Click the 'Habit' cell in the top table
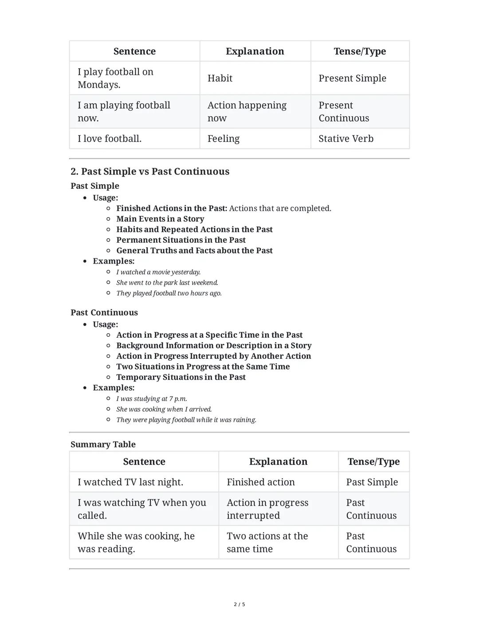pyautogui.click(x=220, y=78)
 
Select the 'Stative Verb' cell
pyautogui.click(x=346, y=139)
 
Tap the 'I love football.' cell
pyautogui.click(x=110, y=139)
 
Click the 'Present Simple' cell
pyautogui.click(x=352, y=78)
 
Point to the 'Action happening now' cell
pyautogui.click(x=247, y=112)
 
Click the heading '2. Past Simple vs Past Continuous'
pyautogui.click(x=150, y=171)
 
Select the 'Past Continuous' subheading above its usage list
pyautogui.click(x=104, y=312)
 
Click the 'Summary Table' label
pyautogui.click(x=103, y=444)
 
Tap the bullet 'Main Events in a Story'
pyautogui.click(x=160, y=219)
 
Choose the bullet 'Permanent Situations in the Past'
pyautogui.click(x=181, y=240)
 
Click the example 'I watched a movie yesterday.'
pyautogui.click(x=158, y=272)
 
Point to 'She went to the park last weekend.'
pyautogui.click(x=167, y=283)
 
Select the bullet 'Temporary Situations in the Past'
pyautogui.click(x=181, y=377)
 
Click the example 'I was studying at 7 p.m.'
pyautogui.click(x=152, y=399)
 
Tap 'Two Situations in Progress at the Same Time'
pyautogui.click(x=203, y=366)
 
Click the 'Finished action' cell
pyautogui.click(x=261, y=482)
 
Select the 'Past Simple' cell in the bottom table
pyautogui.click(x=372, y=482)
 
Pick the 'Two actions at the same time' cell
pyautogui.click(x=267, y=542)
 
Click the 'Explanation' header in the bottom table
pyautogui.click(x=278, y=462)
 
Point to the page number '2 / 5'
pyautogui.click(x=239, y=604)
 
